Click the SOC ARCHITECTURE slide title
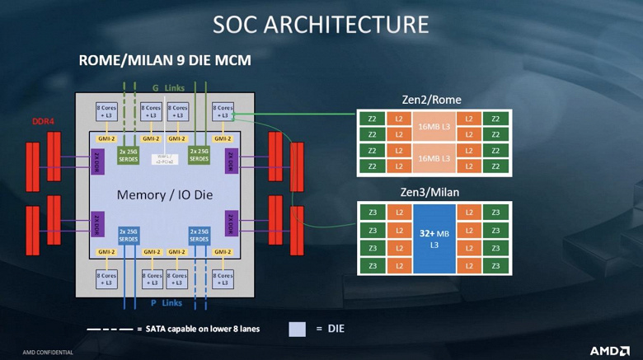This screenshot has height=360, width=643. coord(321,24)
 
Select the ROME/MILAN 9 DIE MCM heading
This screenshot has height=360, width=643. coord(164,61)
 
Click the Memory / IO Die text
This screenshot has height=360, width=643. coord(163,195)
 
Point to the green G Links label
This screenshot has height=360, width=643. coord(165,86)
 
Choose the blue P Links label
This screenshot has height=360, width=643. coord(165,303)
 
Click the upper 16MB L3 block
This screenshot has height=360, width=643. coord(434,126)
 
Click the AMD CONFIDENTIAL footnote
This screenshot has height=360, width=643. coord(48,352)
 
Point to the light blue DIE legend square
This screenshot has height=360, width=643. coord(297,330)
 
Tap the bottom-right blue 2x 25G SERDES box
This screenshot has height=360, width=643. coord(201,236)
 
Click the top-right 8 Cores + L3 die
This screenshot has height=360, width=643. coord(223,112)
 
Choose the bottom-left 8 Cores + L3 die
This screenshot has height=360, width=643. coord(106,278)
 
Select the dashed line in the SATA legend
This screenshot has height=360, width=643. coord(108,329)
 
